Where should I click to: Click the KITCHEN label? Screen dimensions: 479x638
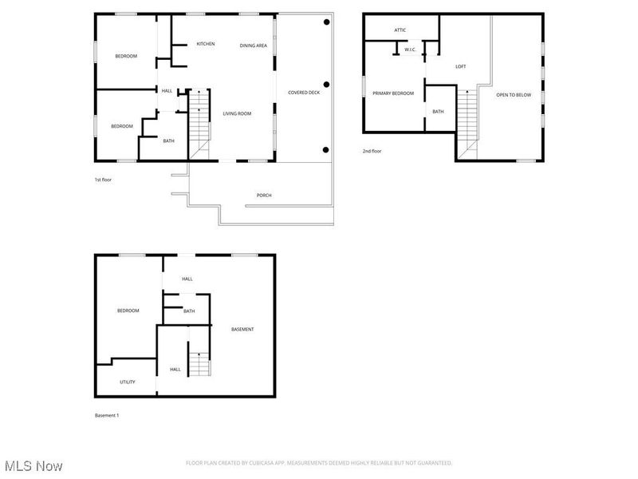click(x=206, y=44)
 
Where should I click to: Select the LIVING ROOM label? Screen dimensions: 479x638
click(x=237, y=114)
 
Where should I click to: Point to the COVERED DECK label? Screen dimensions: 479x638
click(x=304, y=93)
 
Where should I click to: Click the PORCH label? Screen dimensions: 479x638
click(x=263, y=196)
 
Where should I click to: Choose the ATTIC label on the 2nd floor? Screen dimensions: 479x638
click(x=400, y=30)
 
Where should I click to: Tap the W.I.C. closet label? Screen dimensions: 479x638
click(x=410, y=49)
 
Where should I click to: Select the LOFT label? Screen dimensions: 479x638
click(x=460, y=66)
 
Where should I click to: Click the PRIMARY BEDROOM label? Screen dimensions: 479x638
click(x=393, y=94)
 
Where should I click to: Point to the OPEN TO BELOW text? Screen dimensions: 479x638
click(x=514, y=95)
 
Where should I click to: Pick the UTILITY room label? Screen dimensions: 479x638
click(x=127, y=382)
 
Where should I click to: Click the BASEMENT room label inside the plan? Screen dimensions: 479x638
click(x=242, y=330)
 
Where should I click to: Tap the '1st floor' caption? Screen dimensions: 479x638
click(x=103, y=180)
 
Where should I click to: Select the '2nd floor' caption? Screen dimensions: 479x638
click(x=372, y=151)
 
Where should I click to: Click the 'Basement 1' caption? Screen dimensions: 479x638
click(x=107, y=415)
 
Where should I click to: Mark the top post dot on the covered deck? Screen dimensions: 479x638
click(x=325, y=23)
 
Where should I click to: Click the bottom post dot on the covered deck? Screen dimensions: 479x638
click(x=325, y=149)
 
